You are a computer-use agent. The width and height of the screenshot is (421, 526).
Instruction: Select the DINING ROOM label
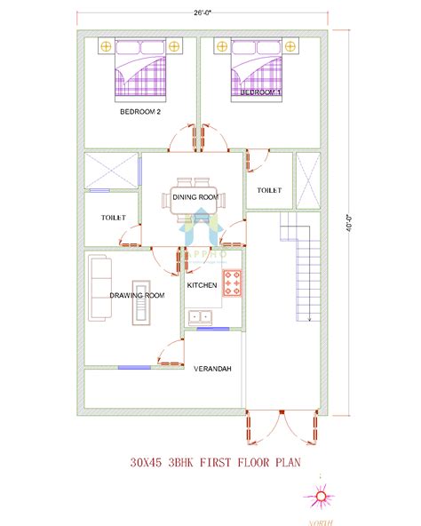[195, 196]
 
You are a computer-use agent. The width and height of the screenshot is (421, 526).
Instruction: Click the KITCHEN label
[202, 284]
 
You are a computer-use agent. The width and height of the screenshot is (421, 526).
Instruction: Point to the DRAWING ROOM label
[137, 295]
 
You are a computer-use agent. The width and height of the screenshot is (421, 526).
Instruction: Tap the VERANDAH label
[213, 367]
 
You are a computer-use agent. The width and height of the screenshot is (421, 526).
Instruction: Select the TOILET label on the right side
[269, 190]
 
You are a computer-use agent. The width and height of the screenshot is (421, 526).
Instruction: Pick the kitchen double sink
[200, 315]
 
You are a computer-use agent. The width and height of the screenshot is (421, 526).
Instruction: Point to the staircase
[302, 267]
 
